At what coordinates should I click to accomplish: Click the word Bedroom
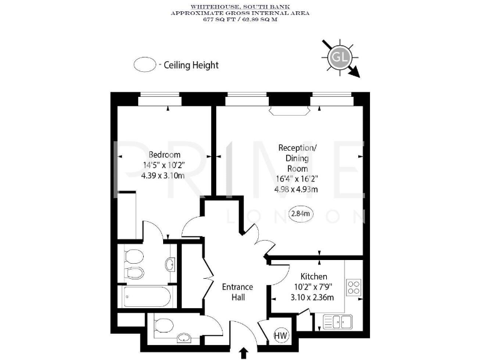point(164,155)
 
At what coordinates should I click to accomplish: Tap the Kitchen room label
point(313,276)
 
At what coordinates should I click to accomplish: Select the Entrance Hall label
point(238,292)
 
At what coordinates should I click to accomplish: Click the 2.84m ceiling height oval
point(301,213)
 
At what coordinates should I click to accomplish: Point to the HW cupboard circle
point(281,336)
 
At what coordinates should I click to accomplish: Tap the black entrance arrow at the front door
point(243,353)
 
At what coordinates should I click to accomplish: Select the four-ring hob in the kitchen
point(353,287)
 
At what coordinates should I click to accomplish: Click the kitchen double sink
point(337,321)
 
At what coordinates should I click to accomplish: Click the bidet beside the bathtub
point(134,272)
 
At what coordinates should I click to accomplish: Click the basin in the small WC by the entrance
point(185,339)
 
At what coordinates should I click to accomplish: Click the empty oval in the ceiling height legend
point(144,65)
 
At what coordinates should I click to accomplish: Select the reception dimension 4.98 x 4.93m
point(297,189)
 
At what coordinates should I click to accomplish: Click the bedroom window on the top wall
point(159,96)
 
